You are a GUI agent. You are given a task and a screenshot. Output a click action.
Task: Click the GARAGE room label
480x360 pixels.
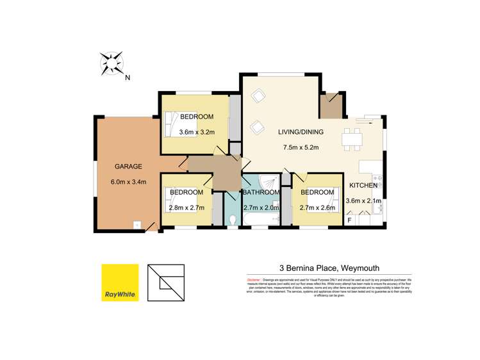pos(128,167)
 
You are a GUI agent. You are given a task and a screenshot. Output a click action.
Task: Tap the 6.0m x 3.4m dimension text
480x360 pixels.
pos(129,182)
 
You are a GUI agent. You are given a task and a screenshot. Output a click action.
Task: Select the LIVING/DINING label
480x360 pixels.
pos(301,133)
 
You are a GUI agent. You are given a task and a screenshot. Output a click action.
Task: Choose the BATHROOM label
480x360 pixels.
pos(261,193)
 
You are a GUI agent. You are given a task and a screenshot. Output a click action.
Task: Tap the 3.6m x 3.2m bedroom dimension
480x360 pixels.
pos(196,133)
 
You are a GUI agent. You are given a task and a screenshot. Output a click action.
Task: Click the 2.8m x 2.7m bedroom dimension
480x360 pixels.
pos(186,208)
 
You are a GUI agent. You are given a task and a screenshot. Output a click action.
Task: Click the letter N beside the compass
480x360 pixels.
pos(128,79)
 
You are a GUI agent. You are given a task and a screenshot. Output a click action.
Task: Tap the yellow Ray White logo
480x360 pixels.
pos(120,282)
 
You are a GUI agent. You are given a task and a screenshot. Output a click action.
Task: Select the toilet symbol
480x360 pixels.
pos(234,221)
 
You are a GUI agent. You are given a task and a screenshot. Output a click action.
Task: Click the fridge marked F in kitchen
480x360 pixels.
pos(349,220)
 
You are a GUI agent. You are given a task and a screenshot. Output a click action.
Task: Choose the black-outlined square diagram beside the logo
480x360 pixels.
pos(165,282)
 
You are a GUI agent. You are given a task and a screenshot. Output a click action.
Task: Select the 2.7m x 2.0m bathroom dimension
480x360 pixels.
pos(261,208)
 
